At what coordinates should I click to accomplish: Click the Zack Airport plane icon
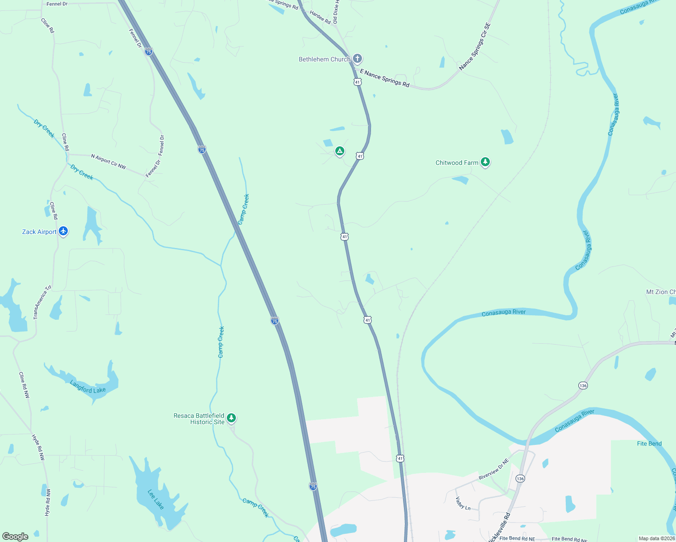(63, 232)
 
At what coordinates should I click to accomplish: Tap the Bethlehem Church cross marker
(357, 59)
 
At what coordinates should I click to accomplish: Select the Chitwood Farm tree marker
(485, 162)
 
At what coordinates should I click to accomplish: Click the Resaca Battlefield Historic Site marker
(231, 418)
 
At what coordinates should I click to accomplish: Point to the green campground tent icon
(340, 151)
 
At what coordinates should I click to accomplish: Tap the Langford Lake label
(88, 387)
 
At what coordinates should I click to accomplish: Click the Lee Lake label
(155, 500)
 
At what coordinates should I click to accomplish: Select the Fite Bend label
(649, 444)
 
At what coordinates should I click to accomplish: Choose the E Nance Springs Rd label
(385, 78)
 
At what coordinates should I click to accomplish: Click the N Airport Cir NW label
(108, 162)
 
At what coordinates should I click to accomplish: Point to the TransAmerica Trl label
(42, 302)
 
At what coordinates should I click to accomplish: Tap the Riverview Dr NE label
(493, 469)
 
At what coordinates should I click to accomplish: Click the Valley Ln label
(463, 503)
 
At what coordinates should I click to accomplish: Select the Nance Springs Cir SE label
(474, 47)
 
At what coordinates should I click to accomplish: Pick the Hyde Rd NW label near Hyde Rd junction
(38, 447)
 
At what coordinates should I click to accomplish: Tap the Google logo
(15, 536)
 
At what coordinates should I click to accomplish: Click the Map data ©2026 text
(656, 538)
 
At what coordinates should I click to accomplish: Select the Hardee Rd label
(320, 17)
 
